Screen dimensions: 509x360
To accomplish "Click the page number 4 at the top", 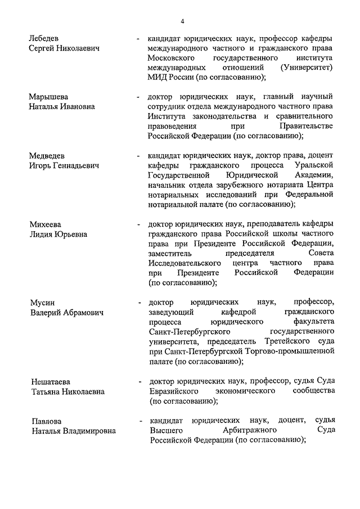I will tap(182, 21).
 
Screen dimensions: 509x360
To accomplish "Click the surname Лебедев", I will tap(46, 39).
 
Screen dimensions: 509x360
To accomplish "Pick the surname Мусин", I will tap(42, 303).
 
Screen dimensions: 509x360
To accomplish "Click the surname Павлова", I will tap(47, 421).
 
